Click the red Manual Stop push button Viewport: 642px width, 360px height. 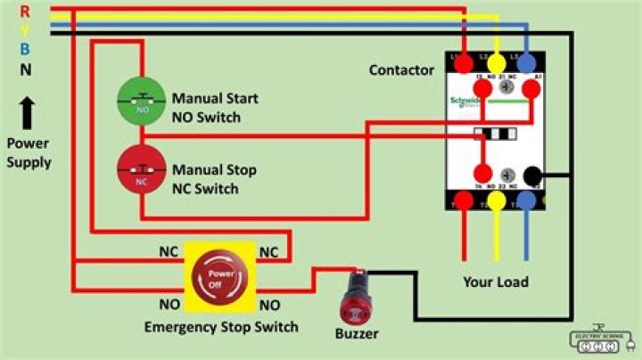coord(142,168)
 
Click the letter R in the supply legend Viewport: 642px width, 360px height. coord(25,11)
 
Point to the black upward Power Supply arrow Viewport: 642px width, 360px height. coord(27,113)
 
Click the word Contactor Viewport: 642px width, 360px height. coord(401,70)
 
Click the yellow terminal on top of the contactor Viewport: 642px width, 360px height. coord(496,63)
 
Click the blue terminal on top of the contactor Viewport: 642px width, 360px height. coord(526,63)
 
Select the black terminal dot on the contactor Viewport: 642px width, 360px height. coord(534,175)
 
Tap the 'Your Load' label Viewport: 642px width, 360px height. coord(495,282)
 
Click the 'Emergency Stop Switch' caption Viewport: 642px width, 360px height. coord(221,327)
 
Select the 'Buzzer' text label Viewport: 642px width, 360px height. coord(357,334)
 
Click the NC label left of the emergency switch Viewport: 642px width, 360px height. coord(169,252)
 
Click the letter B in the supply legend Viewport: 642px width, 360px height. coord(25,49)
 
